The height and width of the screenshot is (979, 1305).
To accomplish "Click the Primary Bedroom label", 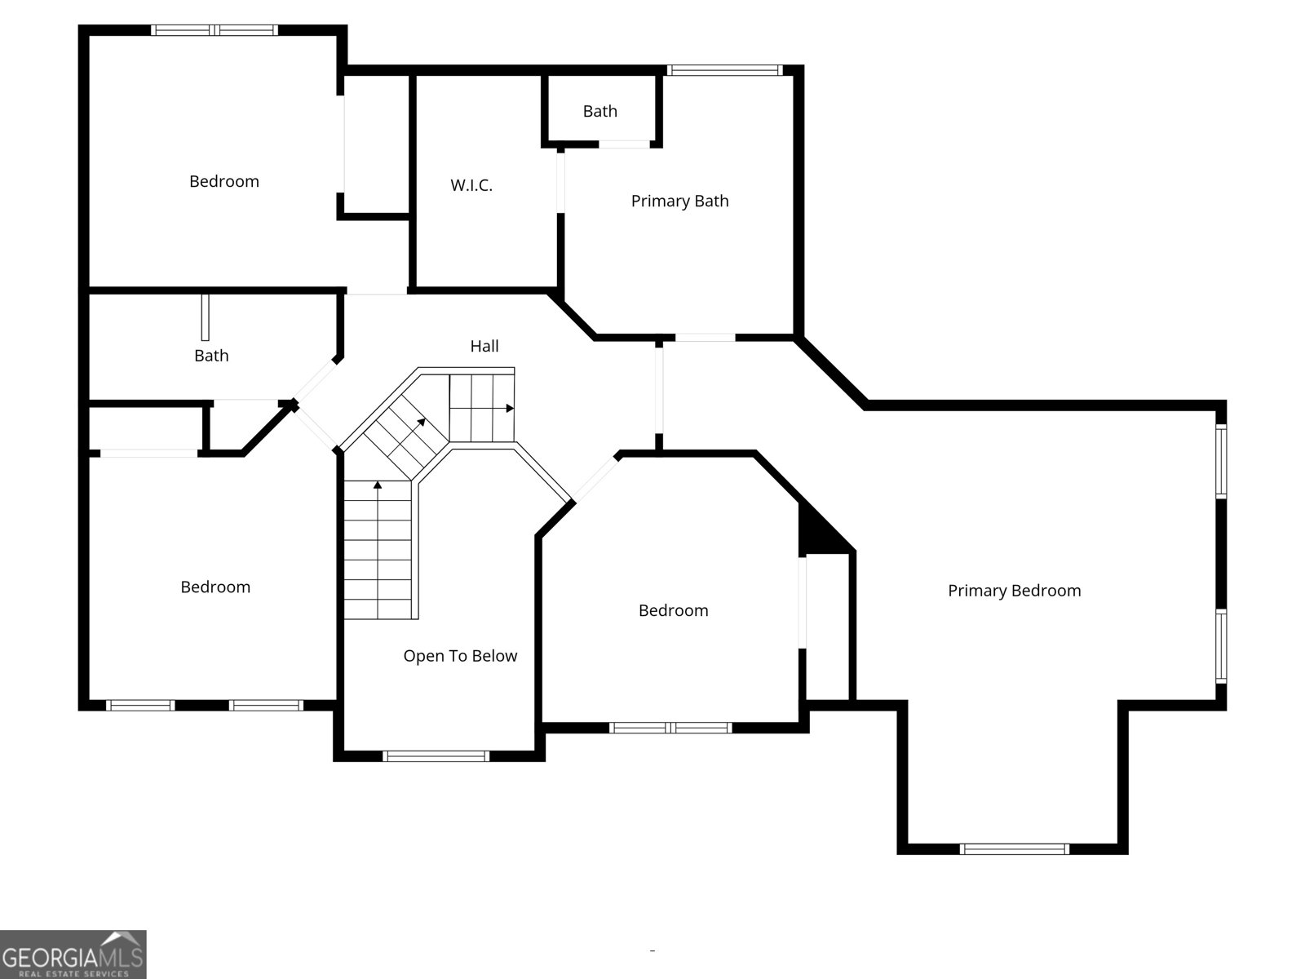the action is coord(1015,591).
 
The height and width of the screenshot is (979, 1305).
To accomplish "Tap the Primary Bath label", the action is coord(679,201).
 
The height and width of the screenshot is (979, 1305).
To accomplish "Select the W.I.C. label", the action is coord(471,185).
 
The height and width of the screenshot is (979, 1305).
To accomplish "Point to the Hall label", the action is coord(484,346).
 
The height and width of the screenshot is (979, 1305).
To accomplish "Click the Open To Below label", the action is coord(460,656).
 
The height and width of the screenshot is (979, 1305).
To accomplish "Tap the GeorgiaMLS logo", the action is coord(73,954).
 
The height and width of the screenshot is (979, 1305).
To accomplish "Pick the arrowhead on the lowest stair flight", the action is coord(377,485).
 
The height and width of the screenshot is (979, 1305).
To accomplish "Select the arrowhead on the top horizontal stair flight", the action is coord(510,409).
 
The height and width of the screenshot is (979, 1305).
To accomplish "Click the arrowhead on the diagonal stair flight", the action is coord(422,422).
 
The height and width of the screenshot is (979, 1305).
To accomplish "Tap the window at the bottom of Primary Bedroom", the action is coord(1015,849).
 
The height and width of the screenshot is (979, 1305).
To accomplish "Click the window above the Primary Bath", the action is coord(725,70).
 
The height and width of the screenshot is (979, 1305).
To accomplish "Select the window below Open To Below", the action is coord(436,756).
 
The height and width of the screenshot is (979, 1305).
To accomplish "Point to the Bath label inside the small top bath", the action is coord(599,111).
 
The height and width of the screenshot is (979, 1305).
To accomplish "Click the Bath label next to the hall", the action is coord(211,356).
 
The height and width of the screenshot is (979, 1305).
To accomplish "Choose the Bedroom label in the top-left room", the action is coord(224,181).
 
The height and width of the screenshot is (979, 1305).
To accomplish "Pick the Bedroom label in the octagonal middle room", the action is coord(673,610).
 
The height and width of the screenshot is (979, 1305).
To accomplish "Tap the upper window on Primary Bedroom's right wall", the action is coord(1221,461).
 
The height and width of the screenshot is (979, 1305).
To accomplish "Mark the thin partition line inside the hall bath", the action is coord(205,317).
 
